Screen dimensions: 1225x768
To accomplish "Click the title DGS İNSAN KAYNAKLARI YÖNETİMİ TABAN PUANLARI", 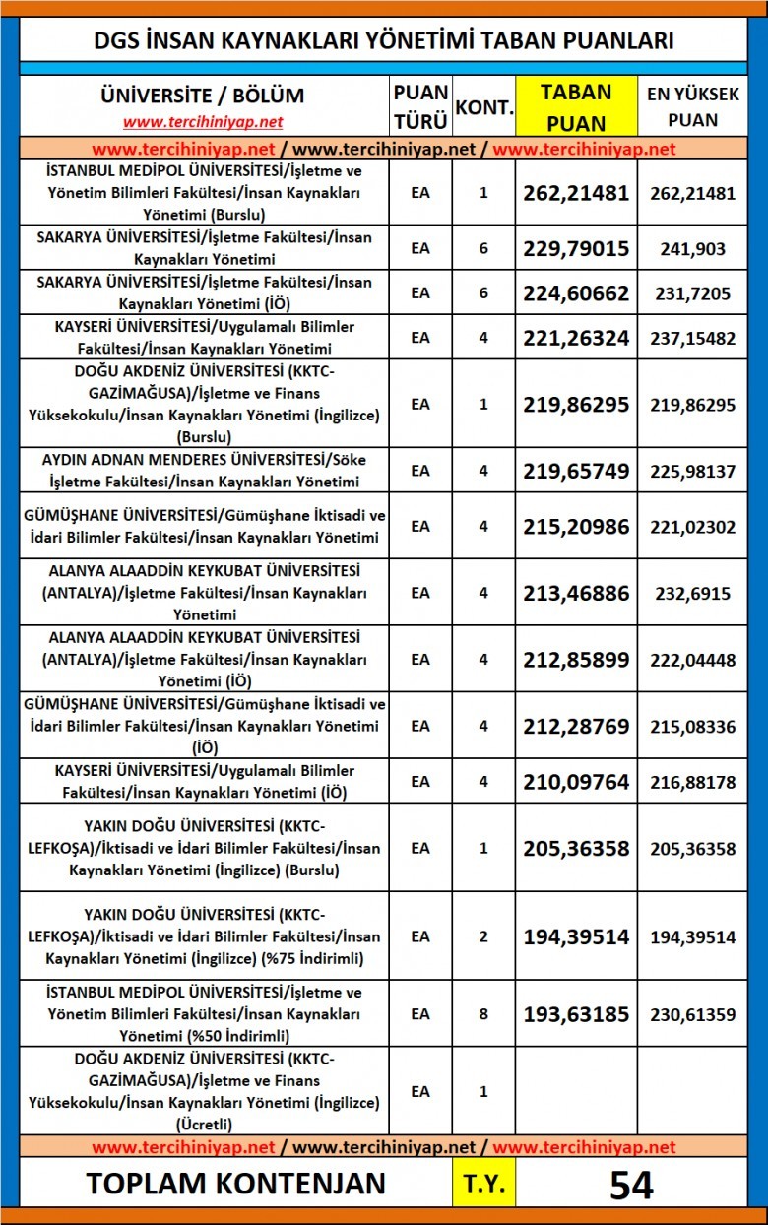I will point(383,40).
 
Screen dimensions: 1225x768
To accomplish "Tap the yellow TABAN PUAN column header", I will point(576,106).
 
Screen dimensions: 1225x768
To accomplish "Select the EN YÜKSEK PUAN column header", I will point(692,106).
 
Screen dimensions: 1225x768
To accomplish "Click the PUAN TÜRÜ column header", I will point(420,106).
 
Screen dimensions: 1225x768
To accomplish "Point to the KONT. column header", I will point(483,106).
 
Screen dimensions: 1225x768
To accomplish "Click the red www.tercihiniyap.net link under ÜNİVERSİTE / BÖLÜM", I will point(203,122).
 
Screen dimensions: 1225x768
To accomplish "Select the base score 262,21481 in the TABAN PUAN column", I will point(576,193).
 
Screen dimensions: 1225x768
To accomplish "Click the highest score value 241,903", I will point(692,249).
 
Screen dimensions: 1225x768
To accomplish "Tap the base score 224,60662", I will point(576,293).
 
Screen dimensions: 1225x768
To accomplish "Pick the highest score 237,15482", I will point(692,338).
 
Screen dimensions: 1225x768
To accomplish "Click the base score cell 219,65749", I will point(576,471).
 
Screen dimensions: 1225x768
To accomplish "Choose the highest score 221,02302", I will point(692,527).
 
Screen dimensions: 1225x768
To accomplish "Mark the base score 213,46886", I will point(576,593).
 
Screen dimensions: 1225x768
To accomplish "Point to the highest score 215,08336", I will point(692,726).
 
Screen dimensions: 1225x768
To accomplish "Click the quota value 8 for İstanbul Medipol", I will point(483,1013).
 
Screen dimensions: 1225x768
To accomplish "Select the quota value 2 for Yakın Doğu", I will point(483,936).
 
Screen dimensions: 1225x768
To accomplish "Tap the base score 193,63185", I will point(576,1013).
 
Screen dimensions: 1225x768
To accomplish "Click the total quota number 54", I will point(630,1185).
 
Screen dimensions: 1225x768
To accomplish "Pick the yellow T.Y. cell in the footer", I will point(483,1185).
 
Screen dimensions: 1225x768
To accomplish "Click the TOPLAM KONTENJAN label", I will point(235,1184).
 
